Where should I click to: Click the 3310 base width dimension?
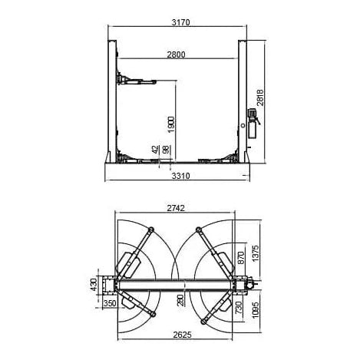point(180,176)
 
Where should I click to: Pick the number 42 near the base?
point(156,150)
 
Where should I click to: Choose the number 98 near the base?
point(166,150)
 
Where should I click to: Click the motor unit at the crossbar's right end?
point(250,286)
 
